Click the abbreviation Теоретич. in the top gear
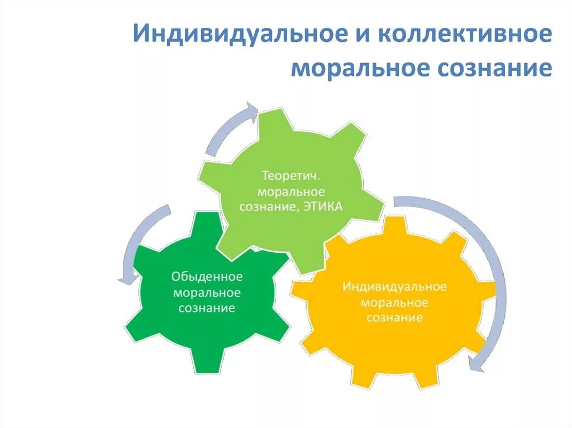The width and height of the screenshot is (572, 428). click(x=291, y=176)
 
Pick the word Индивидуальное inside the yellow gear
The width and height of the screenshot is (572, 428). click(x=394, y=287)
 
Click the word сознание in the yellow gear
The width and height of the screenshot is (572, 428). click(x=394, y=318)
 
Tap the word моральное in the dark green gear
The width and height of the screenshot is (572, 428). click(x=207, y=292)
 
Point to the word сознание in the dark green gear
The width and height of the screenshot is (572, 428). click(x=207, y=307)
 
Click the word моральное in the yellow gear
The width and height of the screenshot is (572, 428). click(x=394, y=302)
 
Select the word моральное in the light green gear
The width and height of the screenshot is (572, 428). click(x=291, y=191)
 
